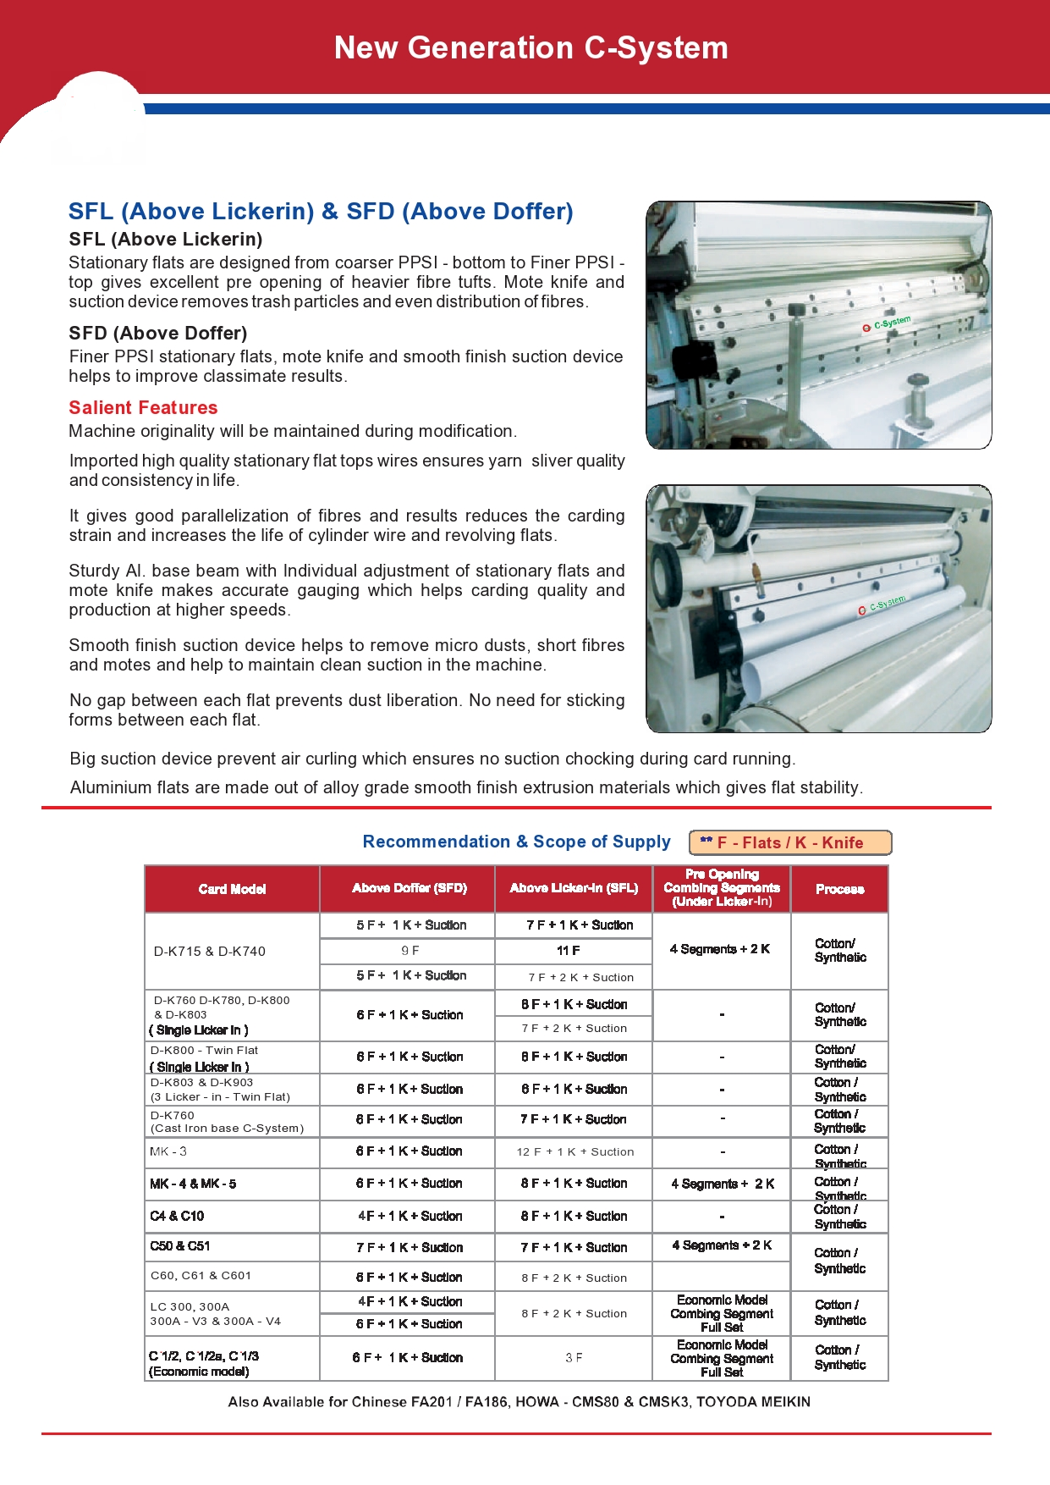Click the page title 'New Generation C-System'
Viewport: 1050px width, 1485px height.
pos(530,48)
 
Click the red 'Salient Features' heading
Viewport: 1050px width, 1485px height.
pos(143,408)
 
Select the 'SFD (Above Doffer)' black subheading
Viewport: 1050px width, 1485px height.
pos(158,334)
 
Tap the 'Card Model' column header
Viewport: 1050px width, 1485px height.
pos(232,889)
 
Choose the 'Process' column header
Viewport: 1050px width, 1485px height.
pos(839,889)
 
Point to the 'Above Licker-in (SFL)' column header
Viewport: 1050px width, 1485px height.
pos(574,888)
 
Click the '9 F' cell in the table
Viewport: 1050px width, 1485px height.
pos(410,951)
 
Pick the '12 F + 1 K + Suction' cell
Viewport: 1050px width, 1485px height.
pos(574,1152)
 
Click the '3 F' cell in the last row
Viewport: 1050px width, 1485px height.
pos(574,1358)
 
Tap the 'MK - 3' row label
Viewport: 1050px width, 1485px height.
pos(168,1151)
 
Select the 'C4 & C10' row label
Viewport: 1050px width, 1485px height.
pos(177,1217)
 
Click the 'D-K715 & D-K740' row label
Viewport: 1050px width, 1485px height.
pos(210,952)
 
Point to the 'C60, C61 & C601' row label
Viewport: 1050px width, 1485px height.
pos(201,1276)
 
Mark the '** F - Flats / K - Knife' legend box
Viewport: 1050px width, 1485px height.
pos(790,843)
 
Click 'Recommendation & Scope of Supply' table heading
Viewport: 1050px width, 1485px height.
pos(516,842)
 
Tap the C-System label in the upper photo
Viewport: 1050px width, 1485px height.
pos(888,324)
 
